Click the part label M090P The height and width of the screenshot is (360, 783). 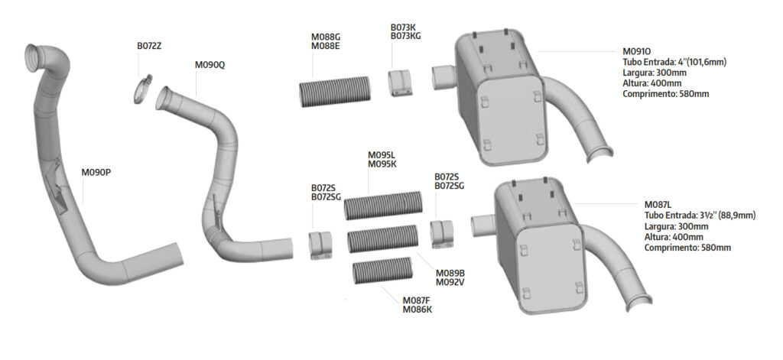click(x=96, y=173)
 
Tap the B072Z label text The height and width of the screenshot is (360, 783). click(x=149, y=46)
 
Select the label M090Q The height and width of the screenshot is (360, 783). click(x=210, y=65)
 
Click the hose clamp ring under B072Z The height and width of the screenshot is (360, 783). click(x=143, y=89)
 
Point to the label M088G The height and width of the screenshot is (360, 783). click(x=326, y=37)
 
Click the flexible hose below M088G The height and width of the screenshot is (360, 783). click(x=335, y=92)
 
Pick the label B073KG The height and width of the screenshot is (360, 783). click(x=405, y=36)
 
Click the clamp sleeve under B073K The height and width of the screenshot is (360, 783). click(x=401, y=83)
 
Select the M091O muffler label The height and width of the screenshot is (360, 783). click(x=636, y=51)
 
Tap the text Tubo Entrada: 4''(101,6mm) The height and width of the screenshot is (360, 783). click(x=674, y=63)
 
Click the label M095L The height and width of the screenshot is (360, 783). click(x=382, y=155)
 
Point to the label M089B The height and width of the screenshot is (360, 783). click(x=450, y=274)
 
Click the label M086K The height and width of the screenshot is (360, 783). click(x=417, y=310)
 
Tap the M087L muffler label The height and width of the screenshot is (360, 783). click(x=658, y=205)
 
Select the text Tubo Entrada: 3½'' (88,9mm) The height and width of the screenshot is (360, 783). click(x=700, y=216)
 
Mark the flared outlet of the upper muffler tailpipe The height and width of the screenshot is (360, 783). click(x=601, y=154)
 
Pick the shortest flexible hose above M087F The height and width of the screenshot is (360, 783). click(x=382, y=271)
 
